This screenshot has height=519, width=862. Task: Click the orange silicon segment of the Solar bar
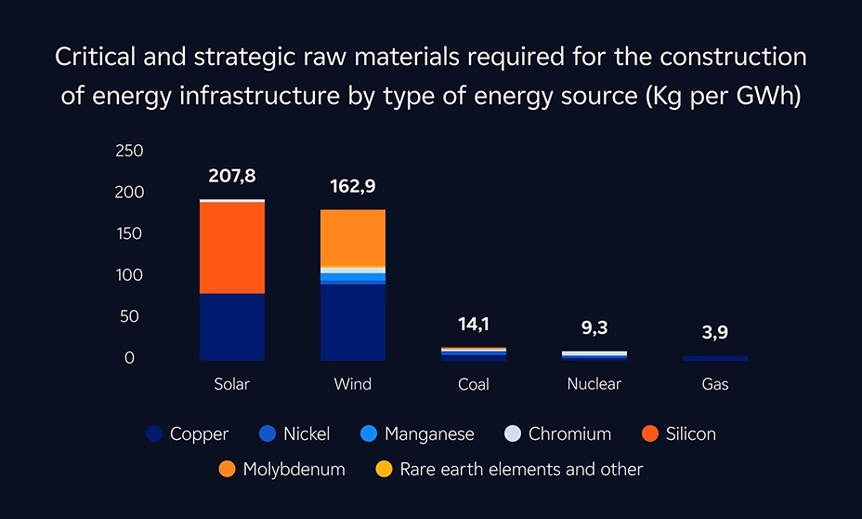coord(232,247)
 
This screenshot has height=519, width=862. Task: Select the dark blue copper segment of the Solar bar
coord(232,326)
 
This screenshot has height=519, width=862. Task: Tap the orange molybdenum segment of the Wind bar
coord(353,238)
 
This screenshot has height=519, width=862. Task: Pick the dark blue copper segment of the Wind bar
coord(353,322)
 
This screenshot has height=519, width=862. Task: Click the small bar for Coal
coord(474,354)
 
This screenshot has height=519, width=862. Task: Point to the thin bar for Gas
coord(715,358)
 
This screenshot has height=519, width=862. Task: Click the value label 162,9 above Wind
coord(353,187)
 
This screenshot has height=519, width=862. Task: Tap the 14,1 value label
coord(474,324)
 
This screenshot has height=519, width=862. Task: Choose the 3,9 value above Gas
coord(715,333)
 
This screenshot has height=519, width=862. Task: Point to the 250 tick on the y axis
coord(129,151)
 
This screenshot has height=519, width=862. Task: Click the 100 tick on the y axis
coord(129,275)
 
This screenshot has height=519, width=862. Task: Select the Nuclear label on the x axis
coord(594,384)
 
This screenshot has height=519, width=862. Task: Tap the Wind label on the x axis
coord(353,384)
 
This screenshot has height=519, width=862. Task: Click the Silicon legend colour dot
coord(650,434)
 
